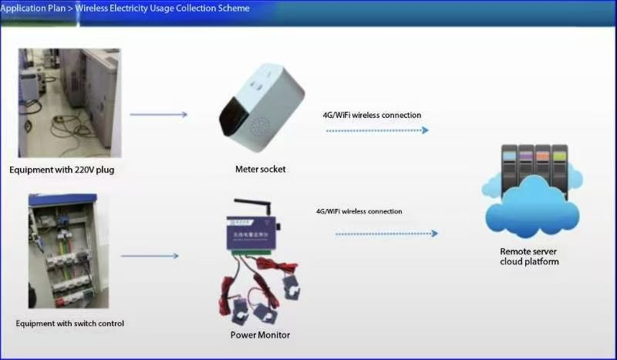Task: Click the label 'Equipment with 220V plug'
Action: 62,170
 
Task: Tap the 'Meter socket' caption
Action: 261,169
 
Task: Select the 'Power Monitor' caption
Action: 260,335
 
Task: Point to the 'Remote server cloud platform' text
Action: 529,257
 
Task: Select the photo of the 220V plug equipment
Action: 69,102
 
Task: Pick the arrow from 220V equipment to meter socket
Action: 158,115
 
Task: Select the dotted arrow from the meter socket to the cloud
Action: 377,130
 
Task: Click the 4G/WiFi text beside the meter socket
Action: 372,115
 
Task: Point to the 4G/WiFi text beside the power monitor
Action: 359,210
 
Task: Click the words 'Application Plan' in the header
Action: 32,8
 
